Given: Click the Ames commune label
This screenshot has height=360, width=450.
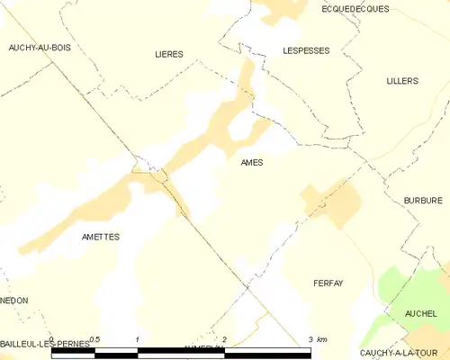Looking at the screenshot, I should [251, 163].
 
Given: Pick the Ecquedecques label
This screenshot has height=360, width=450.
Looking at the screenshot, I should [355, 8].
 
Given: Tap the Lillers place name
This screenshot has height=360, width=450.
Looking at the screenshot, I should [401, 81].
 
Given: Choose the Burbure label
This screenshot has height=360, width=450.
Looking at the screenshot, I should [422, 201].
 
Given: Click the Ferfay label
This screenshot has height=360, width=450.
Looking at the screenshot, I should [328, 283].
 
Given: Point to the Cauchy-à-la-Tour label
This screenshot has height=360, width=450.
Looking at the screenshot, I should [401, 353].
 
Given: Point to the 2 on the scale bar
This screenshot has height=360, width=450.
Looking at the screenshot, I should [224, 339].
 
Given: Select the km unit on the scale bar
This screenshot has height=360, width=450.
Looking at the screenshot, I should [322, 339].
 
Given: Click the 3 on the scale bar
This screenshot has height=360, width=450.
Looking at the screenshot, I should [310, 339].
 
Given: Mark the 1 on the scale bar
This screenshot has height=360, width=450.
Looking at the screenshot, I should [137, 339].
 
